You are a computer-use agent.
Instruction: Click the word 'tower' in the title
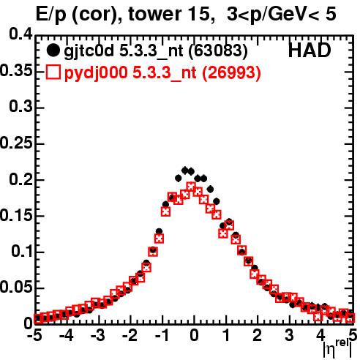155,14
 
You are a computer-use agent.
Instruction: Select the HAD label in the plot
310,50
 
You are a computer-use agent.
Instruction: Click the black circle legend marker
53,50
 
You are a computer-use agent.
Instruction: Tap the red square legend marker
53,72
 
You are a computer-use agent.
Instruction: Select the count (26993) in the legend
231,72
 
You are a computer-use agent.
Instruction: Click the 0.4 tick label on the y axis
20,34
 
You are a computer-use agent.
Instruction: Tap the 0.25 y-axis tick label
16,143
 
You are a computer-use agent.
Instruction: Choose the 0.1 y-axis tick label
22,252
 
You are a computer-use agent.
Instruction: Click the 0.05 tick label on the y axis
16,288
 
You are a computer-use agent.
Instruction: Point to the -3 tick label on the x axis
98,336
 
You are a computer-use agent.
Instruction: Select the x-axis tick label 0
194,336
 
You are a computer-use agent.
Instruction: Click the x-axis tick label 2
258,336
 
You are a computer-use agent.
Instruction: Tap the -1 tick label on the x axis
162,336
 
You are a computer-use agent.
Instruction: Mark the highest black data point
185,170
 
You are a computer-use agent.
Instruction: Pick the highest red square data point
191,187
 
